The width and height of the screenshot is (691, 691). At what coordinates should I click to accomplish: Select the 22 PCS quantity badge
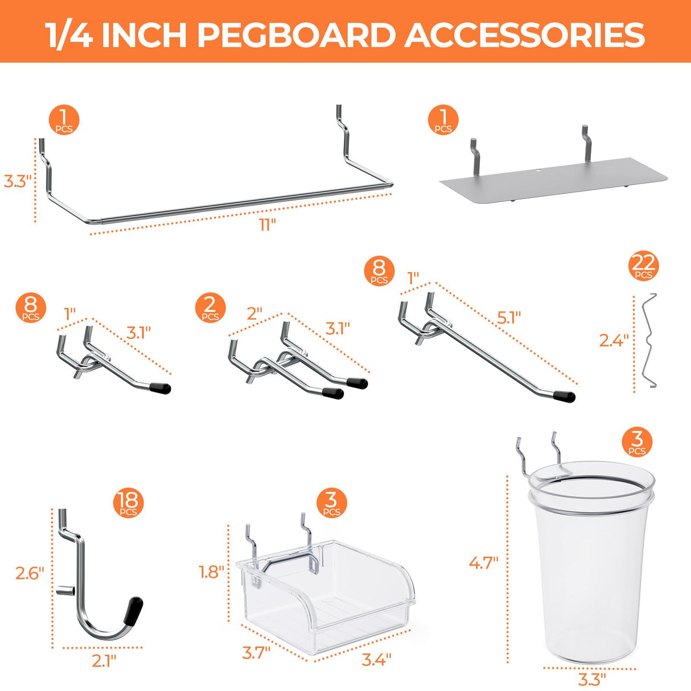pyautogui.click(x=643, y=266)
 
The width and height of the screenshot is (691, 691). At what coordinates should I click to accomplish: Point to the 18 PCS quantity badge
pyautogui.click(x=128, y=503)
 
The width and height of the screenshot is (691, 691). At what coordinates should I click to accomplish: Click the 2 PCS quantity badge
pyautogui.click(x=210, y=308)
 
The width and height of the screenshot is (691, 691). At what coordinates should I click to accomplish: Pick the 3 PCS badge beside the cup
pyautogui.click(x=637, y=442)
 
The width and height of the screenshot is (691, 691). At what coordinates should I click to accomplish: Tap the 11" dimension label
pyautogui.click(x=267, y=225)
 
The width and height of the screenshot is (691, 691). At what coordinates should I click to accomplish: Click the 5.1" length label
pyautogui.click(x=508, y=318)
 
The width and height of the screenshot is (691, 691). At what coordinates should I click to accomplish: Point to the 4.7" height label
pyautogui.click(x=483, y=563)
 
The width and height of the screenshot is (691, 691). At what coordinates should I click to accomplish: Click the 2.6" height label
pyautogui.click(x=30, y=573)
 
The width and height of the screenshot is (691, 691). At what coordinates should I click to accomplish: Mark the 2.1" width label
pyautogui.click(x=104, y=661)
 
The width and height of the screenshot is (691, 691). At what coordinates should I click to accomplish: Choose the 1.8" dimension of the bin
pyautogui.click(x=211, y=572)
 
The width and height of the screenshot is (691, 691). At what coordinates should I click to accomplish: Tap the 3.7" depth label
pyautogui.click(x=256, y=652)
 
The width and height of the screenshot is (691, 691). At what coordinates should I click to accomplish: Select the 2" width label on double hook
pyautogui.click(x=254, y=314)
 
